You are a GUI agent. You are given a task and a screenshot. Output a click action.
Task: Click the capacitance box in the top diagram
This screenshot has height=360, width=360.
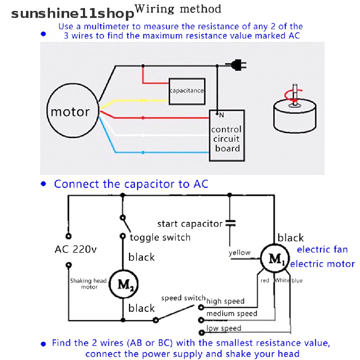(187, 91)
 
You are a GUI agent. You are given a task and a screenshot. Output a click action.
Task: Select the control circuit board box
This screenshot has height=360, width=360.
(227, 136)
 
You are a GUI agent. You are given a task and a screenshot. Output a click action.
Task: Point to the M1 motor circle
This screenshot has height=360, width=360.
(275, 259)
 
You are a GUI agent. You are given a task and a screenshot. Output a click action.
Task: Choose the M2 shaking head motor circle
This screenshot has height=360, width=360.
(123, 284)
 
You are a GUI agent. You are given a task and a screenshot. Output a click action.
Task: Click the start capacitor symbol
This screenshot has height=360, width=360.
(230, 223)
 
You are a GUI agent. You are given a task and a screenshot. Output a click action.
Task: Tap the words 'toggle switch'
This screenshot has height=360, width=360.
(160, 238)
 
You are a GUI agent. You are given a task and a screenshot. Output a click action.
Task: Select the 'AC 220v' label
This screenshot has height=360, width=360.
(75, 250)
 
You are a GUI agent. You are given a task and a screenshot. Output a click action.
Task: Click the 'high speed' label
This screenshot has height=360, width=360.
(225, 301)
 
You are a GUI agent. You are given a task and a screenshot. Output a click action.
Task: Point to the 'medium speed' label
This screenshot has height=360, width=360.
(232, 314)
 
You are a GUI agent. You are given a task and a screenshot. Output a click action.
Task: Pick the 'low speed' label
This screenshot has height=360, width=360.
(224, 328)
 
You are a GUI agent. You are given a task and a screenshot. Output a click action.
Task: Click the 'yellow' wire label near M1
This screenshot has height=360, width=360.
(239, 252)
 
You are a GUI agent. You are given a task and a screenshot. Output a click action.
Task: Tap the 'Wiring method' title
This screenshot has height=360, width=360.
(178, 9)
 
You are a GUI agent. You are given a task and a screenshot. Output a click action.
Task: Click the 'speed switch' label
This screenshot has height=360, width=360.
(183, 298)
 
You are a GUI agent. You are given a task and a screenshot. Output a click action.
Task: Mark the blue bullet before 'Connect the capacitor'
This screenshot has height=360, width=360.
(44, 184)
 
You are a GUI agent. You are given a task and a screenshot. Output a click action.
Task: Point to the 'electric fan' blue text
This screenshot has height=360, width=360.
(322, 250)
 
